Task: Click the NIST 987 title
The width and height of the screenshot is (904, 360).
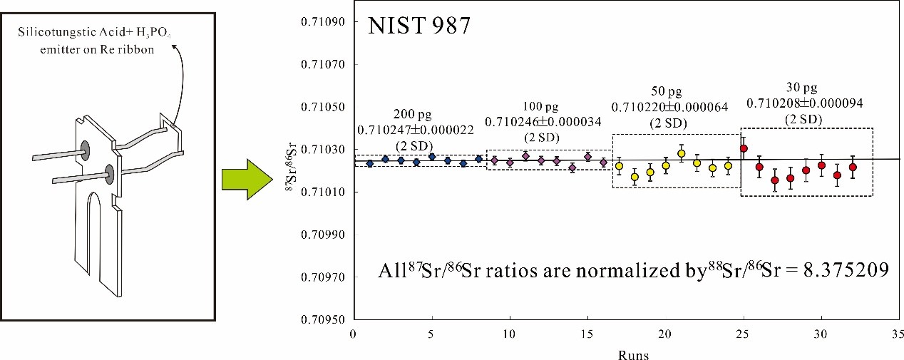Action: point(418,29)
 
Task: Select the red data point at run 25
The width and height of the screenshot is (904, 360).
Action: point(744,148)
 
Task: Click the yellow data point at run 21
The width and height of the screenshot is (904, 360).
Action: point(681,153)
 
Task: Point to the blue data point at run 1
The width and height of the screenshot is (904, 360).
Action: point(369,163)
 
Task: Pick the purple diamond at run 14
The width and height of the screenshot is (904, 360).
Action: point(572,168)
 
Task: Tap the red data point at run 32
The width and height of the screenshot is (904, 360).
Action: point(853,167)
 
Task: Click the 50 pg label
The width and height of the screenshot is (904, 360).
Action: point(667,92)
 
